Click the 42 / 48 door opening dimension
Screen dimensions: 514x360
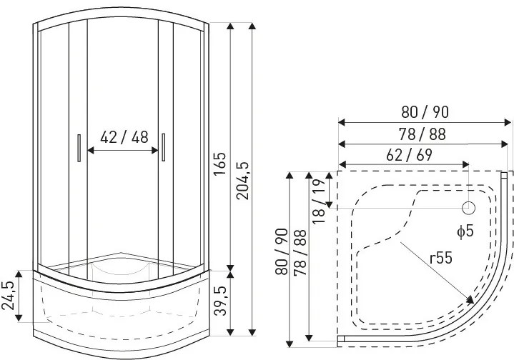click(124, 137)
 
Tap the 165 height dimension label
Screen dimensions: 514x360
click(220, 164)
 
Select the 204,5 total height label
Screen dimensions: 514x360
click(243, 181)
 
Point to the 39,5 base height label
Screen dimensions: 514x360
click(220, 301)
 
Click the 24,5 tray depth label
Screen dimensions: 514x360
click(8, 296)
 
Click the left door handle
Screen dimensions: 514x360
click(79, 148)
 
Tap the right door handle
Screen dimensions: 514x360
click(163, 147)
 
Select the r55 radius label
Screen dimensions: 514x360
click(441, 258)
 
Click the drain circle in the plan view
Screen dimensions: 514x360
click(468, 208)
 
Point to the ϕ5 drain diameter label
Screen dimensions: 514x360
click(465, 231)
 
